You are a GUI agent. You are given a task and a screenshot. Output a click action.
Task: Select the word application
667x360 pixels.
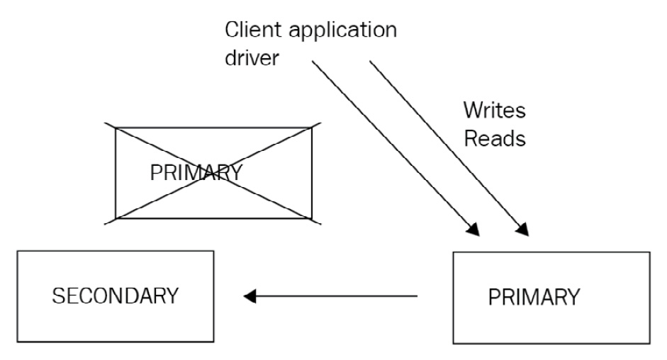[x=347, y=32]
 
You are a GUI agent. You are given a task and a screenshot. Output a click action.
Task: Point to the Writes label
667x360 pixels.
[x=494, y=111]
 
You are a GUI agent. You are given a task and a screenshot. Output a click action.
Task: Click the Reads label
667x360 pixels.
[x=494, y=137]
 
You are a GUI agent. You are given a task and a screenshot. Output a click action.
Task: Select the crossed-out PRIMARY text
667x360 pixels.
[x=196, y=172]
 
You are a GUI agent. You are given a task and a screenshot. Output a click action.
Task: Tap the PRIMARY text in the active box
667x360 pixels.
[x=534, y=297]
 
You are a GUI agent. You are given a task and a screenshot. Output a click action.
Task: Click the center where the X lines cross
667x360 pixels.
[x=213, y=173]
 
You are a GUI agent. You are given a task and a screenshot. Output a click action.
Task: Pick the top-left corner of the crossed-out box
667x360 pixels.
[x=116, y=128]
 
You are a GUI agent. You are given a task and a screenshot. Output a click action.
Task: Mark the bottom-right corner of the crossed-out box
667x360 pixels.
[x=312, y=218]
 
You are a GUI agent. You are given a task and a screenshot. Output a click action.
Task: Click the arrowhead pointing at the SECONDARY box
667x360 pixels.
[x=249, y=296]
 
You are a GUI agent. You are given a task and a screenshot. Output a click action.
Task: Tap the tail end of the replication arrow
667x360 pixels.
[x=416, y=296]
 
